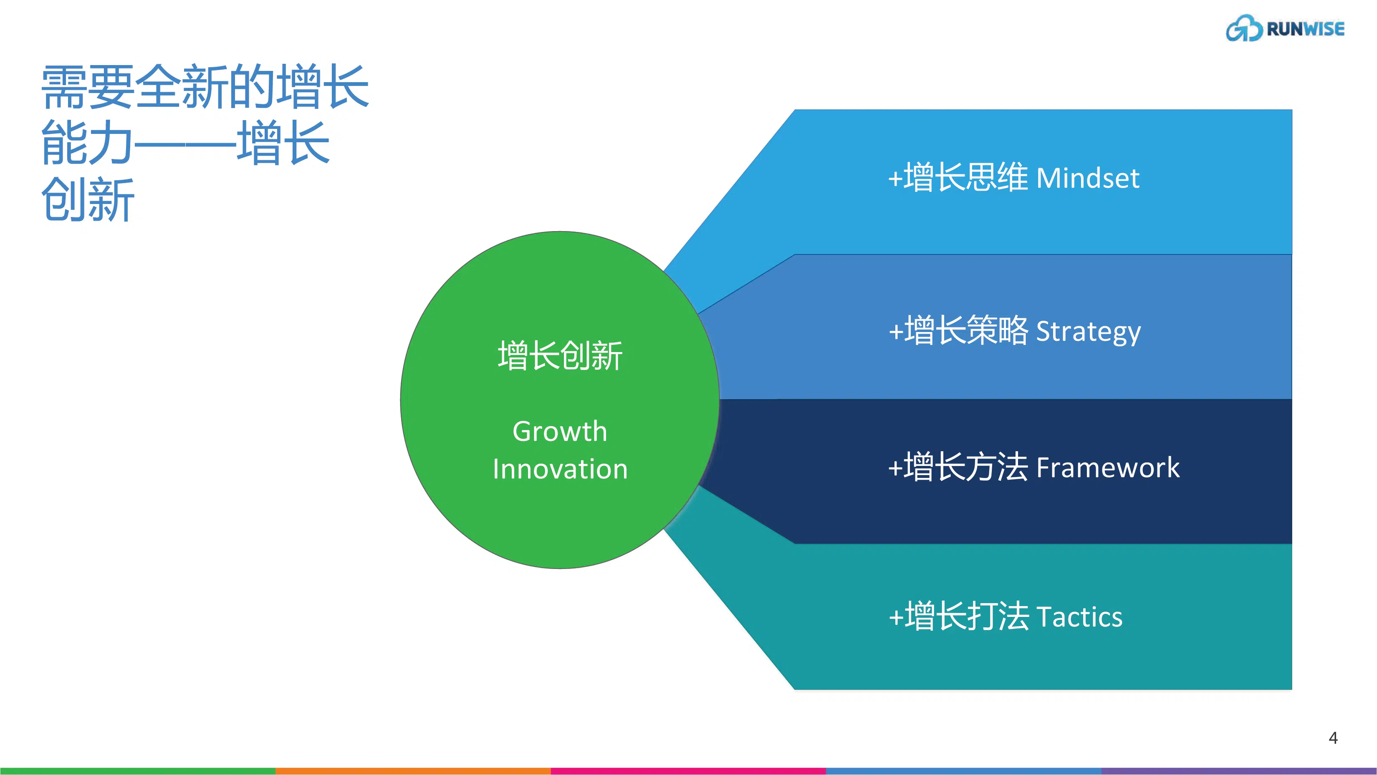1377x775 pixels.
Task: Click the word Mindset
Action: point(1087,179)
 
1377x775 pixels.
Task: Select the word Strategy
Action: point(1088,332)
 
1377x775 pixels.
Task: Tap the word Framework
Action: point(1108,468)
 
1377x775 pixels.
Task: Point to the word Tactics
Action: point(1079,617)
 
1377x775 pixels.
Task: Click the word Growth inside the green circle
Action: point(560,432)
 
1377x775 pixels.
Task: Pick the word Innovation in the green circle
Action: point(560,470)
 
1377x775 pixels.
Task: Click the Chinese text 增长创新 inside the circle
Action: point(560,356)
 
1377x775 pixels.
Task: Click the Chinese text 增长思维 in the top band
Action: point(965,177)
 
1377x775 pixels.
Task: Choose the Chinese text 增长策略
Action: point(965,331)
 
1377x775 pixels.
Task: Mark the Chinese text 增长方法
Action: point(965,467)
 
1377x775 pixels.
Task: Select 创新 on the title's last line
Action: point(88,200)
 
